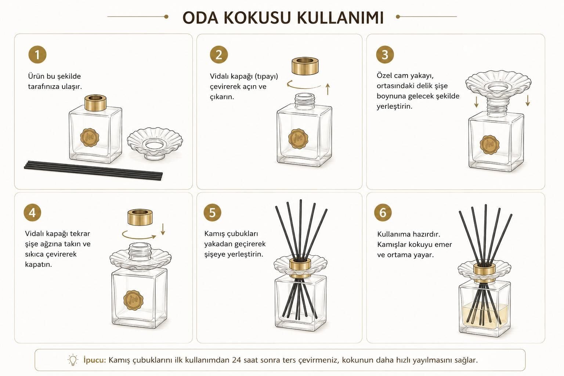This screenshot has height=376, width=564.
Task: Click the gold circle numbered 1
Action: click(x=37, y=55)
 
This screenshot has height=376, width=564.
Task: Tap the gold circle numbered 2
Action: click(x=219, y=55)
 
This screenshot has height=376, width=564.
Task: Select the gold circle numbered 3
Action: click(x=385, y=55)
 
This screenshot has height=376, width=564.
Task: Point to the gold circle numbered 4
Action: click(x=32, y=213)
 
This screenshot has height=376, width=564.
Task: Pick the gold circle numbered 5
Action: click(x=212, y=213)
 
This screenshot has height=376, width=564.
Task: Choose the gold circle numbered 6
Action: click(x=383, y=213)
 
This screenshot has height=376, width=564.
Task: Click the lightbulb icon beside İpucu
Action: click(x=73, y=359)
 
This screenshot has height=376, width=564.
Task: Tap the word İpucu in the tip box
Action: click(x=94, y=360)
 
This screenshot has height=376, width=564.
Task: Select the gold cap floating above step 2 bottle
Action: click(x=305, y=66)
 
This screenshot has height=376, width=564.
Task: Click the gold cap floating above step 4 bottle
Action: click(x=140, y=217)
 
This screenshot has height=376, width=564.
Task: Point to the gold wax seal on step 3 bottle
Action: click(x=489, y=145)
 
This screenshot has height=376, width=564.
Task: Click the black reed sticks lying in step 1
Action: click(x=93, y=170)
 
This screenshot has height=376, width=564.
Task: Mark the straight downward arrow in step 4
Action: click(x=163, y=229)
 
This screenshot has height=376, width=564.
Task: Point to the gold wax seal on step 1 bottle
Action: click(x=90, y=137)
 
